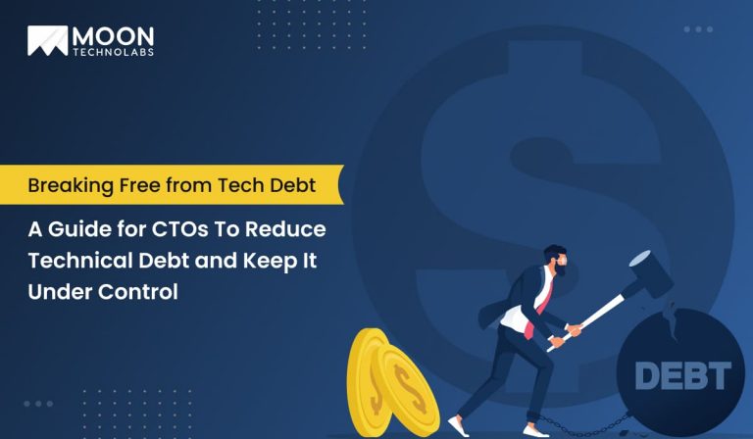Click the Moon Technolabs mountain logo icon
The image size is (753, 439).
pos(47,39)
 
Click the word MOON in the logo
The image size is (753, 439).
pos(111,33)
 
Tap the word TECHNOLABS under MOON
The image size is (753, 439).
pos(111,50)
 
